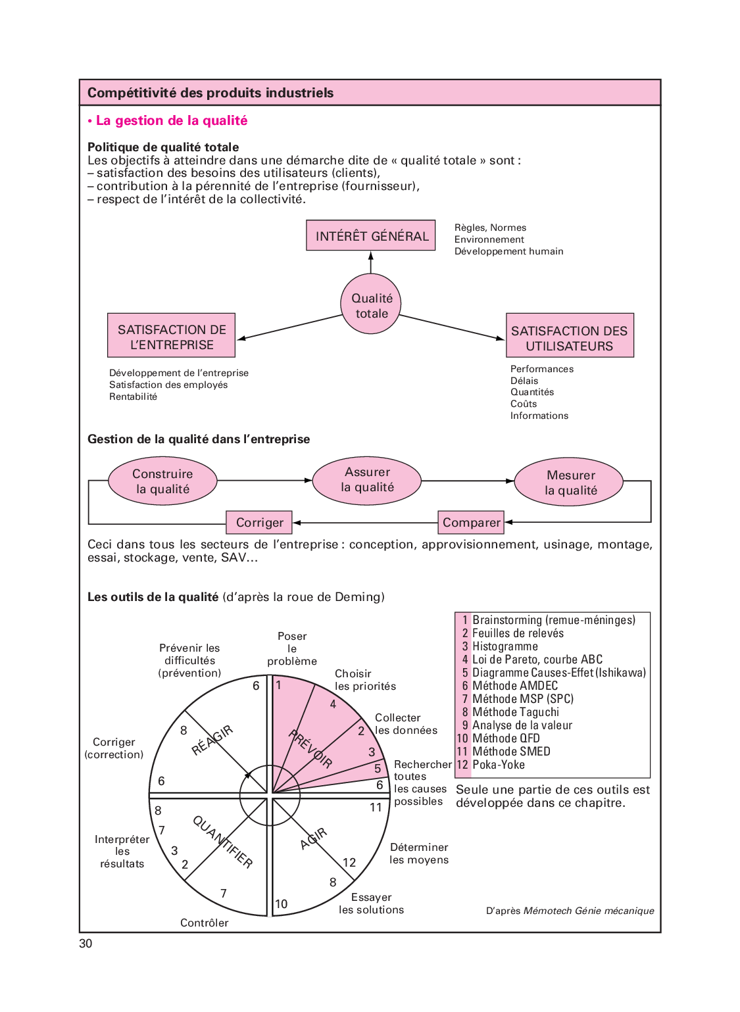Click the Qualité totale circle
(371, 304)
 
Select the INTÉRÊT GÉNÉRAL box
(371, 235)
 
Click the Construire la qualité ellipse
(162, 481)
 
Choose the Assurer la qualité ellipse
(367, 479)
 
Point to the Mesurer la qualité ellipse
(570, 482)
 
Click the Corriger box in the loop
(259, 523)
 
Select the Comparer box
(471, 523)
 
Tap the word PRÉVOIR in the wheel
(311, 749)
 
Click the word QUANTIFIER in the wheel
(222, 842)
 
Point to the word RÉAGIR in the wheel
(212, 740)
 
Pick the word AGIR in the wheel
(314, 838)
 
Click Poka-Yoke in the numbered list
(499, 765)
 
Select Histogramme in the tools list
(505, 646)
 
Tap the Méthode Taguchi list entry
(516, 712)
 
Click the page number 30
(86, 944)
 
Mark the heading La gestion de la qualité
(172, 121)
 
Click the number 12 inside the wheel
(349, 862)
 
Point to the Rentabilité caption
(134, 397)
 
